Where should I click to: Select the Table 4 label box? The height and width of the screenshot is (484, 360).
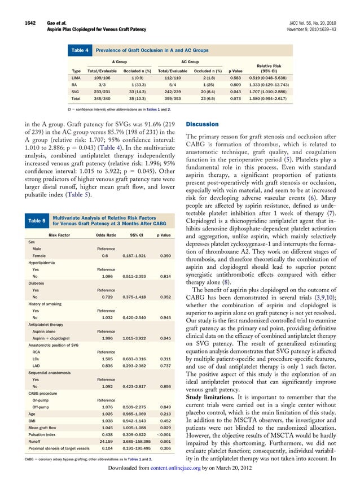[79, 51]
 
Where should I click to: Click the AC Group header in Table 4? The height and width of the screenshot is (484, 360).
[190, 62]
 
